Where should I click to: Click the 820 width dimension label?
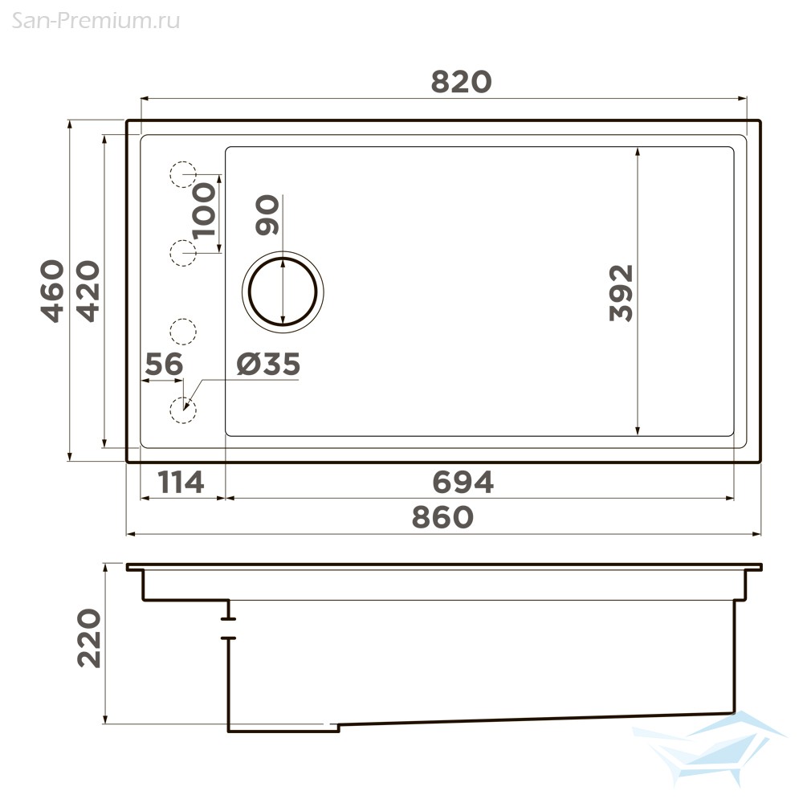point(461,82)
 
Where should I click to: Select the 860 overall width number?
point(443,517)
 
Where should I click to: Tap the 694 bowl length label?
point(463,482)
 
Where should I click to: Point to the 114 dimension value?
point(181,482)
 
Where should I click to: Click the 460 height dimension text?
point(53,291)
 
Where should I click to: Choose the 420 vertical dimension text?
point(88,291)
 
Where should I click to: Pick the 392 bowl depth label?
point(622,293)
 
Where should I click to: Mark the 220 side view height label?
point(89,638)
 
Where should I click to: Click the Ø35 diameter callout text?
point(268,364)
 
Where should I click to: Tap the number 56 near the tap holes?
point(164,364)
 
